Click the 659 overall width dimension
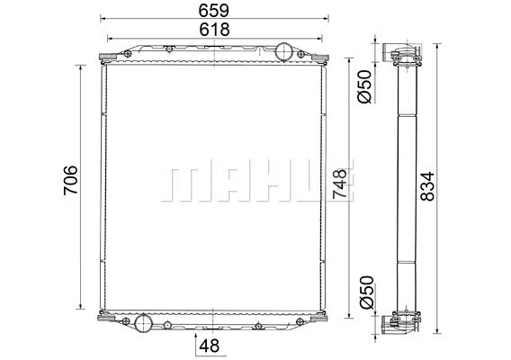pos(213,10)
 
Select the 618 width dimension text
pos(213,30)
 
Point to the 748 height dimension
pos(339,184)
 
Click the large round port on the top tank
pos(285,50)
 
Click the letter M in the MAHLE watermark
pos(180,184)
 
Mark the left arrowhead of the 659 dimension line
pos(102,18)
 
